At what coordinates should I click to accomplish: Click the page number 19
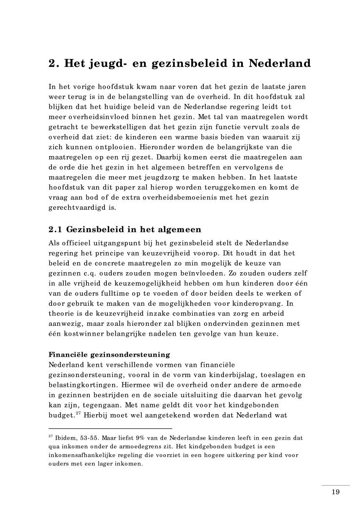(x=335, y=491)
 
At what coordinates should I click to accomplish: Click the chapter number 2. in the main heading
(x=54, y=64)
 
